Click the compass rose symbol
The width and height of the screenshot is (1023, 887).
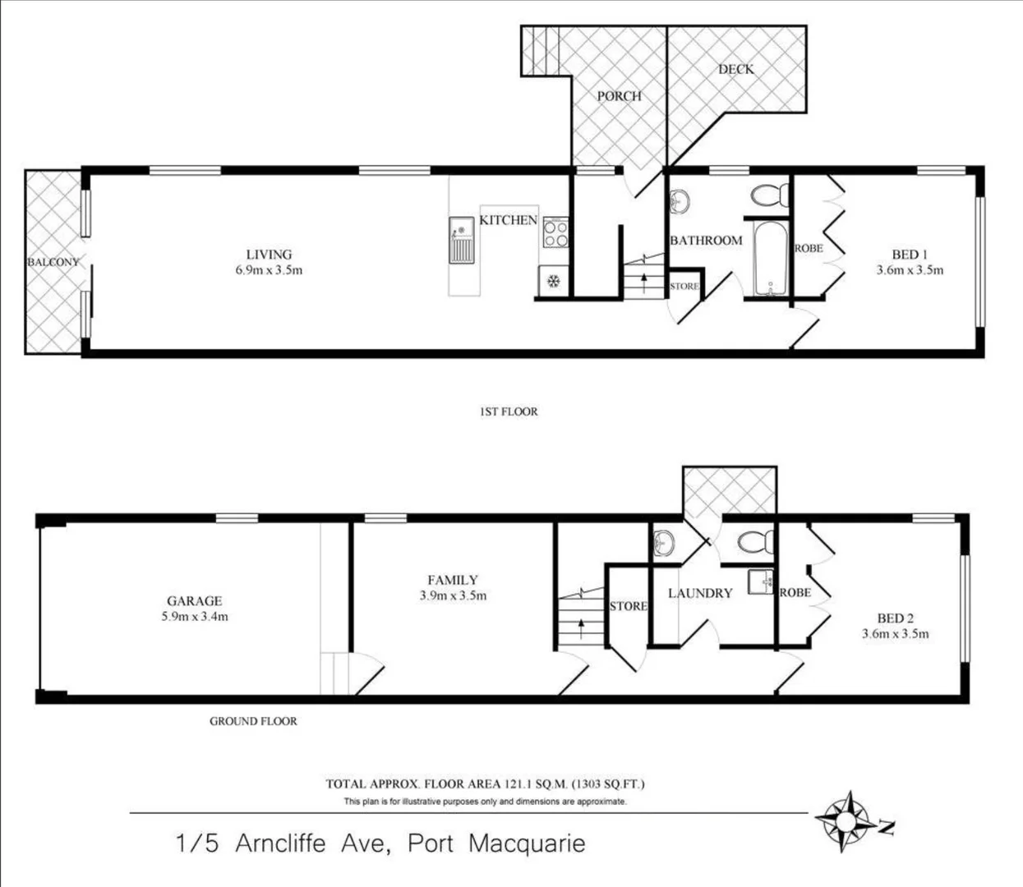(x=845, y=819)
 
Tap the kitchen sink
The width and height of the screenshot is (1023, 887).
(x=461, y=240)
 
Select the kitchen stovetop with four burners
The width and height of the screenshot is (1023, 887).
(x=555, y=232)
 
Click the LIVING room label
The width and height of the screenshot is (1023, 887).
(x=269, y=254)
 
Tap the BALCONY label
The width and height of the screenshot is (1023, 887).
(x=53, y=262)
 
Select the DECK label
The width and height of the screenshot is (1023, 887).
(x=735, y=69)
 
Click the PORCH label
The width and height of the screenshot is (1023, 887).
(x=619, y=96)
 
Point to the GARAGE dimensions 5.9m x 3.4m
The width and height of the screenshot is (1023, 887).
(x=195, y=616)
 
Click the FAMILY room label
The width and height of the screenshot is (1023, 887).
(x=452, y=580)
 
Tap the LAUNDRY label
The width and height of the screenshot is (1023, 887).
(x=699, y=593)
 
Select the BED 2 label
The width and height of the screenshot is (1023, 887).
(x=895, y=618)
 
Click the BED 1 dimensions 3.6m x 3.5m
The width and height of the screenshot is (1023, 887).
(x=909, y=269)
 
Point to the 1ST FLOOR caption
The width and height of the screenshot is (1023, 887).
(x=508, y=411)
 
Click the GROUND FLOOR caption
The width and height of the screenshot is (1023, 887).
(x=253, y=721)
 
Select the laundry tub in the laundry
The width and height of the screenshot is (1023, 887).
(x=761, y=581)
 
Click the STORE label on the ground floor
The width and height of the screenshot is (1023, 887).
(x=628, y=606)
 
